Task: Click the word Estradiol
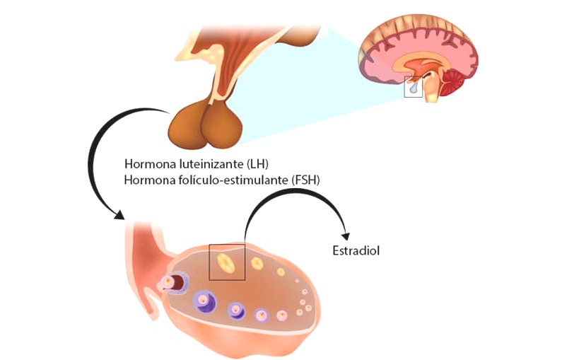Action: click(356, 250)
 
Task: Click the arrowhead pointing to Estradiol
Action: click(346, 236)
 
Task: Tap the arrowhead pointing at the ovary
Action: click(119, 215)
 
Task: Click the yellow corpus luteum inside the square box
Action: click(226, 263)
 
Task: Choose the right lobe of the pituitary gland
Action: click(222, 125)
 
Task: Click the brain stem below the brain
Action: click(433, 88)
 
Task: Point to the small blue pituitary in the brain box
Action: click(413, 87)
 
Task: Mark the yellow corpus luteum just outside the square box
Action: click(257, 264)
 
